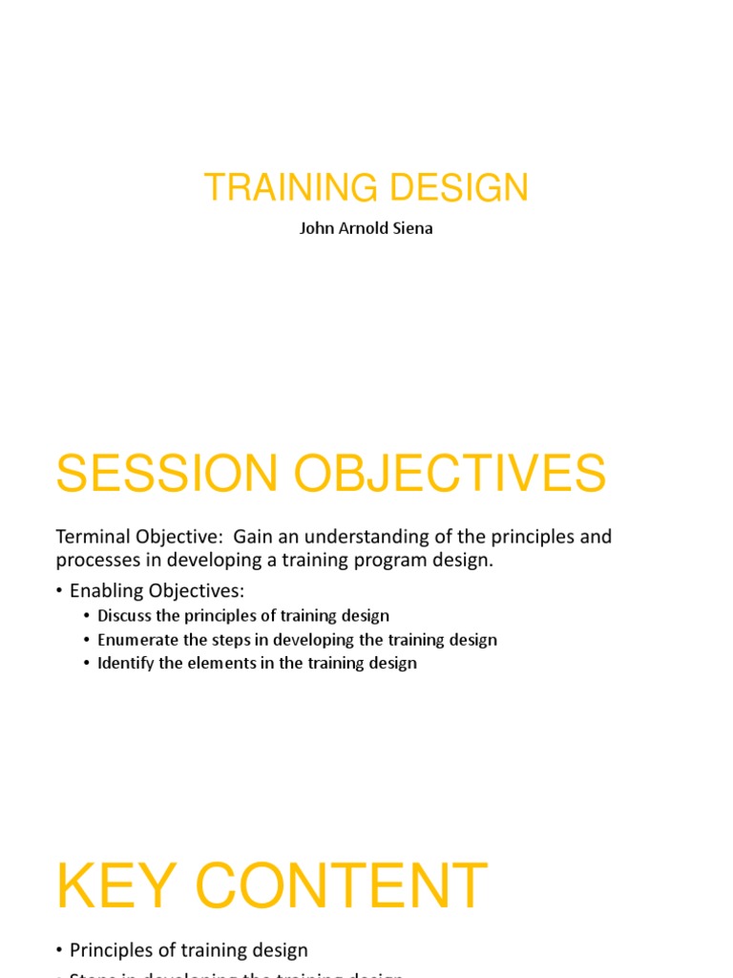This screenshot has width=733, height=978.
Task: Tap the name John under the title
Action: tap(317, 229)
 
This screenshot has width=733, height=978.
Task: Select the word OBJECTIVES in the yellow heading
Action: tap(447, 474)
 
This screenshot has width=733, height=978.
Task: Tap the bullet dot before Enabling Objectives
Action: tap(60, 591)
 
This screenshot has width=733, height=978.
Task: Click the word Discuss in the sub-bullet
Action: tap(125, 616)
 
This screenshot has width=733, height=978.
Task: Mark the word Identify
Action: tap(126, 663)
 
